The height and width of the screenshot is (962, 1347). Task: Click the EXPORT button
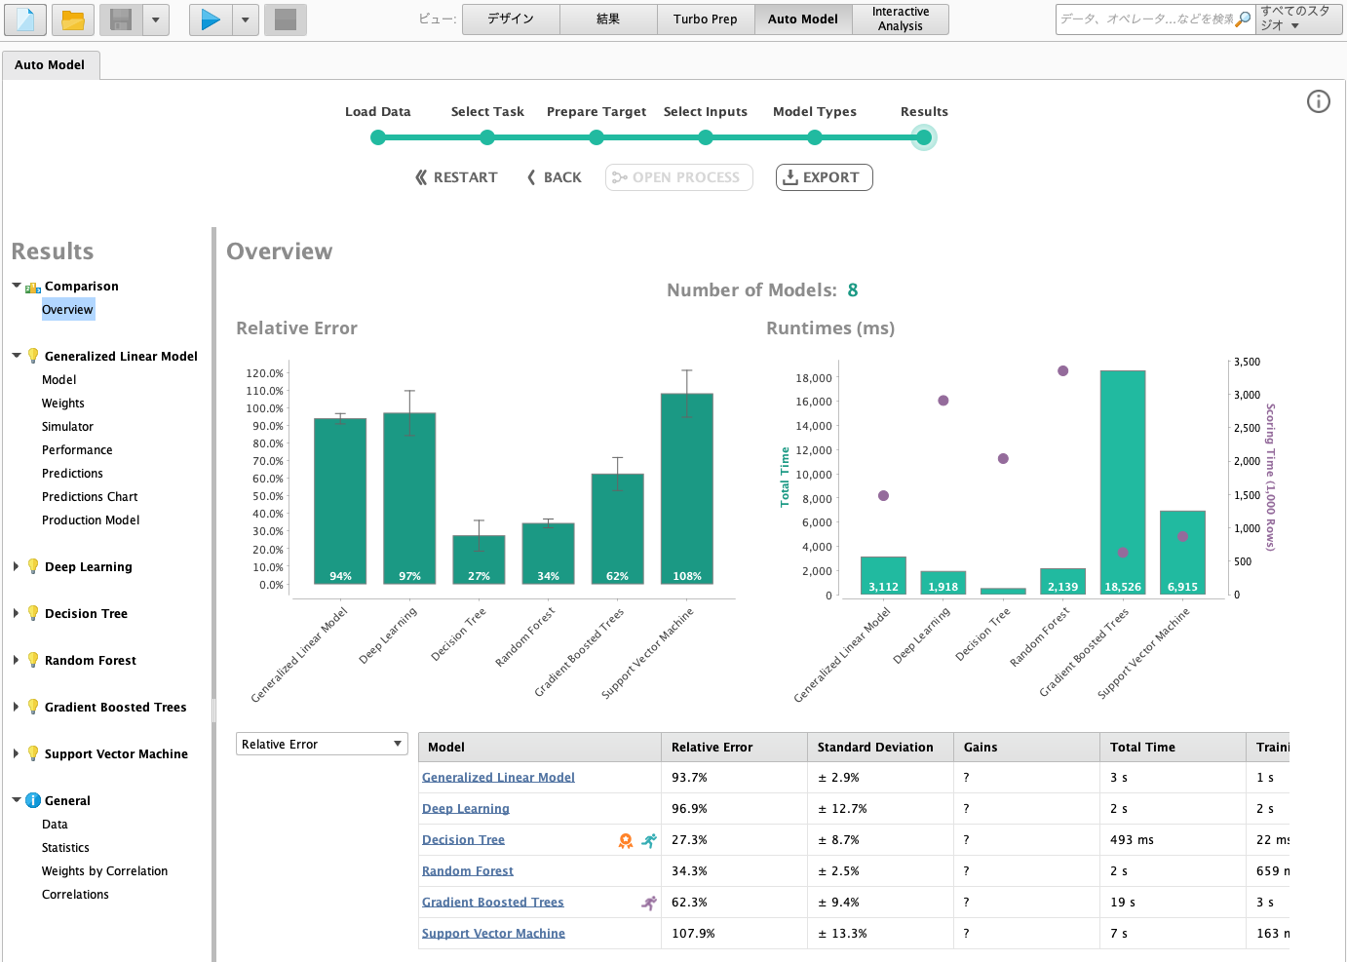point(824,177)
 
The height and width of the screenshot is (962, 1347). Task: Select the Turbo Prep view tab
point(706,19)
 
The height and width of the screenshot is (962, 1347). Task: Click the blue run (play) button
point(211,19)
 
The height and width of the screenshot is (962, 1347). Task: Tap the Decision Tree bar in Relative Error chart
point(479,559)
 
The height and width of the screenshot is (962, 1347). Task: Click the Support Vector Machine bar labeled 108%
point(687,488)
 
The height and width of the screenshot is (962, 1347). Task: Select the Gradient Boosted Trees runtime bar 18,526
point(1123,482)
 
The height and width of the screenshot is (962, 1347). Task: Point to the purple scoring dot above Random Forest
point(1063,371)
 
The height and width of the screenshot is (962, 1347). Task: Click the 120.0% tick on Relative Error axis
point(264,372)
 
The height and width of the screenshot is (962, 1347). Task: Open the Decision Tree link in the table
point(463,839)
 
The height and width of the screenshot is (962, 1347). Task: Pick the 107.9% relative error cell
point(693,933)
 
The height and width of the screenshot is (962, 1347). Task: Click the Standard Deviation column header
point(875,747)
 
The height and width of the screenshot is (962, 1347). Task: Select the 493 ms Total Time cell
point(1132,839)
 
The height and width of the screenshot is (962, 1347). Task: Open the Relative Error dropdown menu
point(322,744)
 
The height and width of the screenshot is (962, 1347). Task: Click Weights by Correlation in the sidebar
point(104,870)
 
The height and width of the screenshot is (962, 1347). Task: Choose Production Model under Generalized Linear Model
point(91,519)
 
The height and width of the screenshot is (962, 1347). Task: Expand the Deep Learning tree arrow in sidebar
point(16,566)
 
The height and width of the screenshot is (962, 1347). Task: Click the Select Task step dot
point(487,137)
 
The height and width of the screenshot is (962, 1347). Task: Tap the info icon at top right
point(1318,101)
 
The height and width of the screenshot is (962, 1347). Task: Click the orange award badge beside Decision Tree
point(626,840)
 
